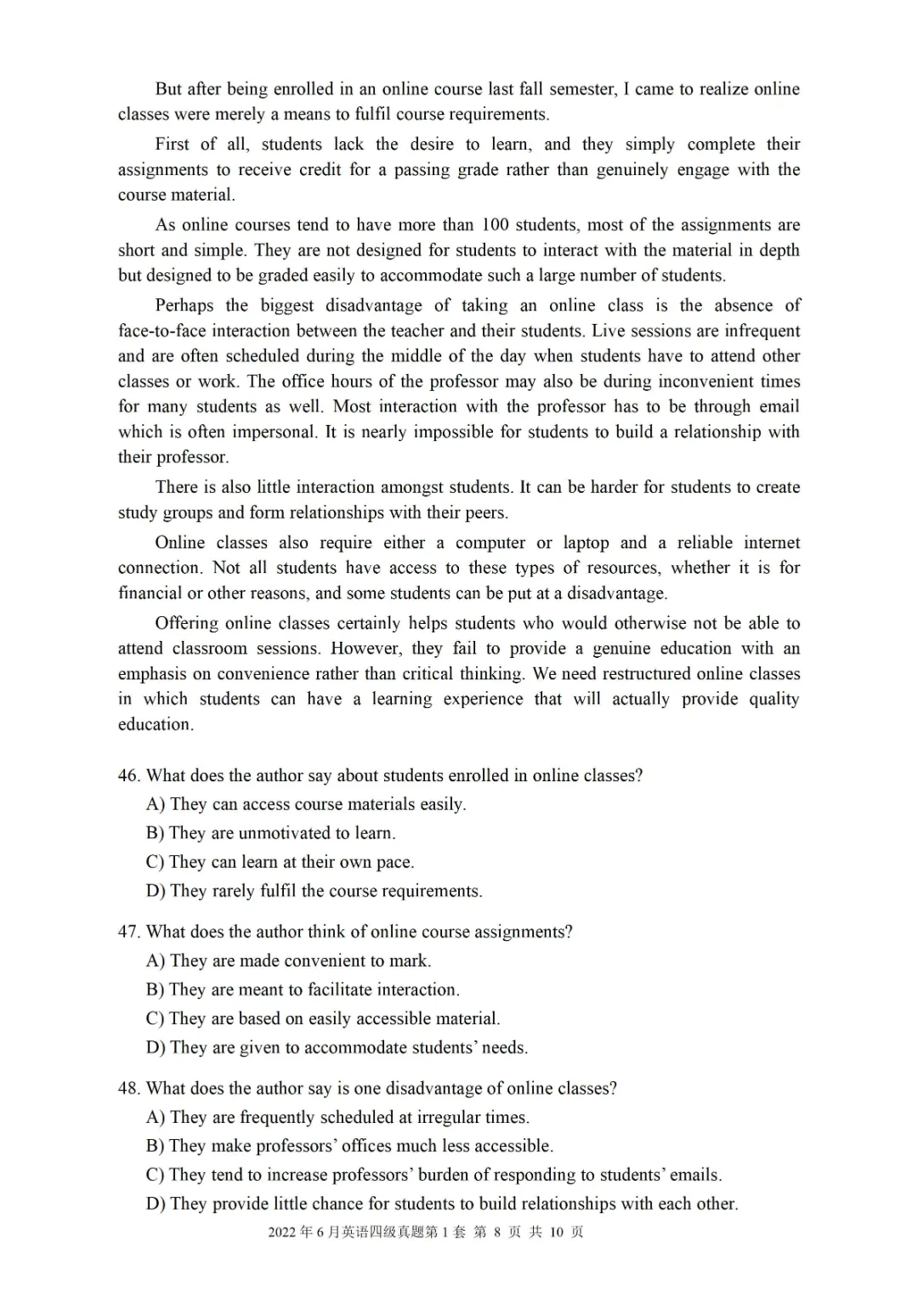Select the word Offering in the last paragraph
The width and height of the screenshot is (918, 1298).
coord(185,623)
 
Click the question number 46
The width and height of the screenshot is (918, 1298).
coord(128,775)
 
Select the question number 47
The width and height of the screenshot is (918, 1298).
coord(128,932)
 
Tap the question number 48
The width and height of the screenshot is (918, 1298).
coord(128,1088)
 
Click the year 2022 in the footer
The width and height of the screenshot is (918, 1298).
coord(282,1233)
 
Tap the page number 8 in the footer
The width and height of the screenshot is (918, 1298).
coord(497,1233)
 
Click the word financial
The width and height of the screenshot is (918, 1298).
coord(150,593)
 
